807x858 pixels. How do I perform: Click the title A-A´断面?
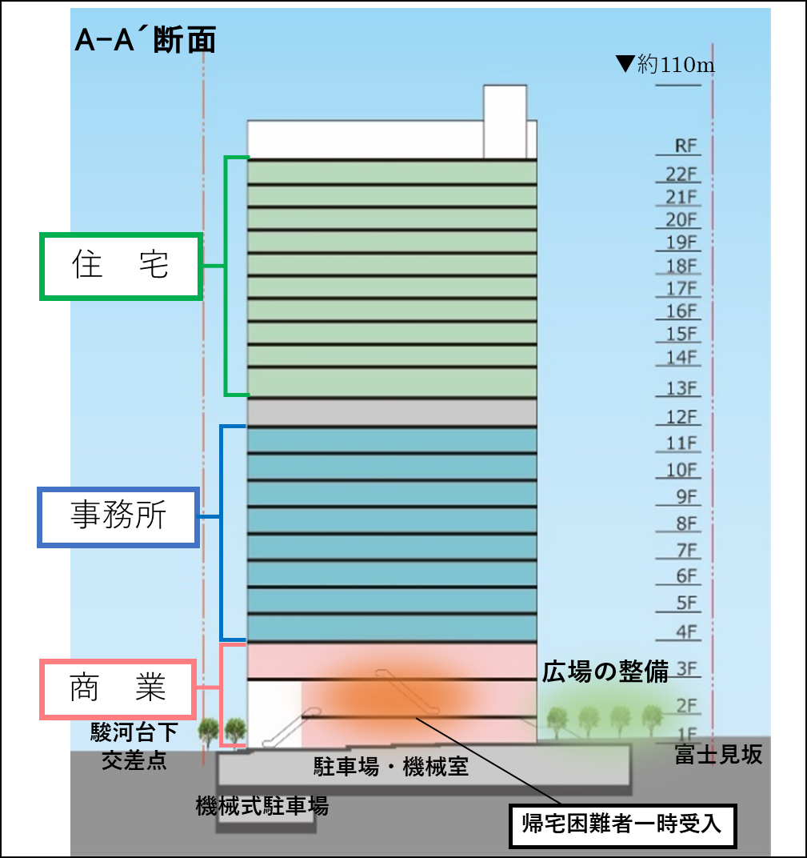coord(145,40)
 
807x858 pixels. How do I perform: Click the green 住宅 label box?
coord(121,267)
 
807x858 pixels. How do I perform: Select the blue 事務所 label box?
coord(118,517)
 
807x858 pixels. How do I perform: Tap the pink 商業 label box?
coord(118,688)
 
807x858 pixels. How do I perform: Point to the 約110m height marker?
coord(666,65)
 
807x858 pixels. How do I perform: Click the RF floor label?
coord(686,146)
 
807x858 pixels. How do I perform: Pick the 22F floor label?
coord(682,174)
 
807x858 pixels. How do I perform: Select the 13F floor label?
coord(682,389)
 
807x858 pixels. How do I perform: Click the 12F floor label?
coord(682,417)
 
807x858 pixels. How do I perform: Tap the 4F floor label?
coord(686,631)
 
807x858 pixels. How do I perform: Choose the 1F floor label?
coord(686,734)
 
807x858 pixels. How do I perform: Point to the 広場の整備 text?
coord(605,672)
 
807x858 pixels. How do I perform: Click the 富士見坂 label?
coord(718,755)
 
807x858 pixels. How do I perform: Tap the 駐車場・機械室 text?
coord(390,768)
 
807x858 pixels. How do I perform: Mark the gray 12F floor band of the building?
coord(391,412)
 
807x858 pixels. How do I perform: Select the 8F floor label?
coord(686,524)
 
